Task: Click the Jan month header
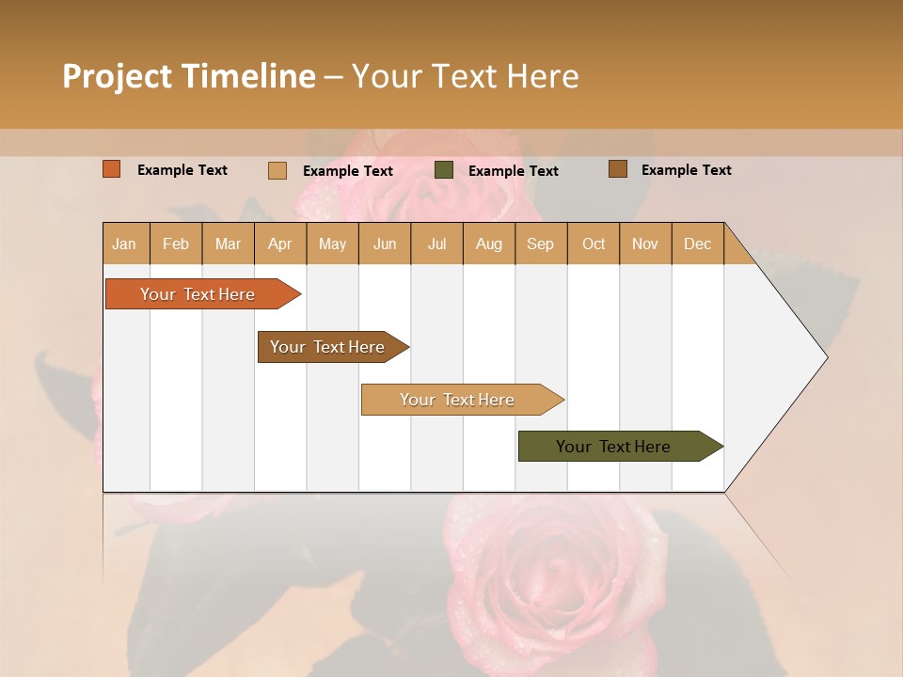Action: tap(125, 244)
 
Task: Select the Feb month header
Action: tap(176, 244)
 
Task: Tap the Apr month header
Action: tap(280, 244)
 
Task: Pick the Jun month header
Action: tap(385, 244)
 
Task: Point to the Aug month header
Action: tap(489, 244)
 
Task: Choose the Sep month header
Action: tap(541, 244)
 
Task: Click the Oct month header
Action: tap(594, 244)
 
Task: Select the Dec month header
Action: tap(698, 244)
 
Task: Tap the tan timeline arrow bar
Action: tap(458, 400)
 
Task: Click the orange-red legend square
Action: tap(112, 169)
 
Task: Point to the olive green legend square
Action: tap(444, 170)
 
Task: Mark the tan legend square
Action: tap(277, 170)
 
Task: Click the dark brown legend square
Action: tap(618, 169)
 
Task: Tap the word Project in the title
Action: tap(117, 76)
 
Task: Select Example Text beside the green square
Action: tap(513, 170)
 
